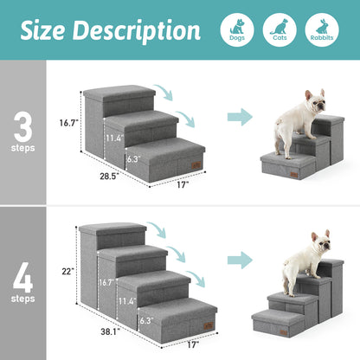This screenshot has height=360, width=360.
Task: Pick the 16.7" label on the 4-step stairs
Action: pos(106,282)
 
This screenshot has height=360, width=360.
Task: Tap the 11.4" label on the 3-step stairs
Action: pos(112,137)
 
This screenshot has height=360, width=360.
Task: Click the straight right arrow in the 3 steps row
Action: pos(240,117)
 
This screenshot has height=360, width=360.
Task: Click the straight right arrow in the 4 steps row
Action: pos(240,259)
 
